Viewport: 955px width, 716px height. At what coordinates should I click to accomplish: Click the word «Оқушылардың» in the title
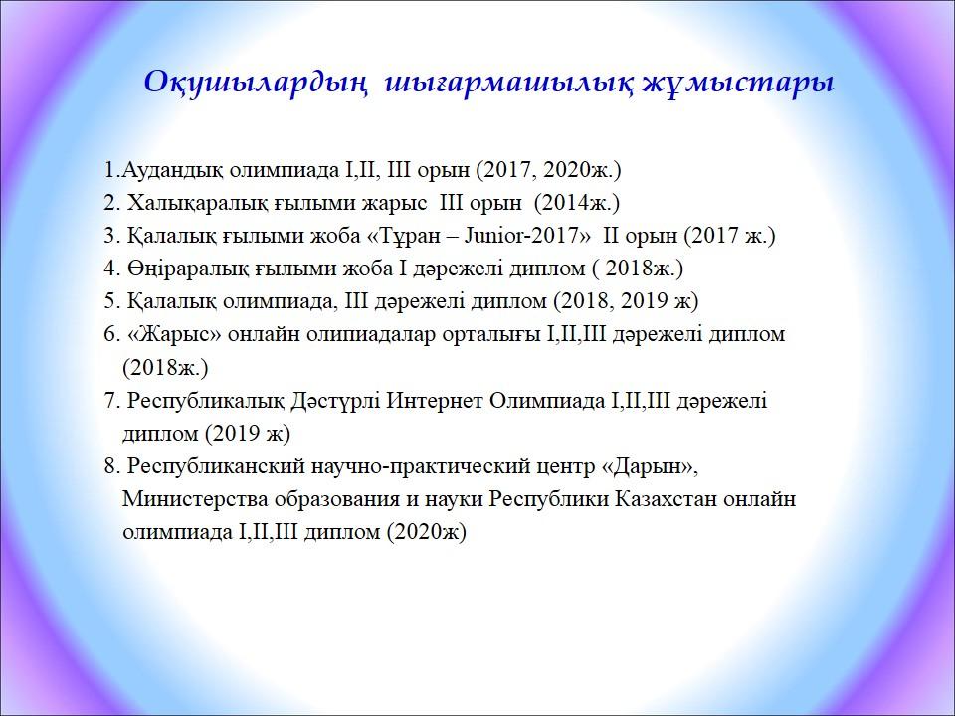(256, 83)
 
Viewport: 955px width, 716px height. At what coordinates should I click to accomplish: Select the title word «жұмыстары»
(738, 83)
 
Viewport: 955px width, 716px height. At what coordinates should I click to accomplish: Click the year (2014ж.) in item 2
(576, 203)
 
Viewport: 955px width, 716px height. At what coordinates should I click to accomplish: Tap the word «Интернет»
(436, 401)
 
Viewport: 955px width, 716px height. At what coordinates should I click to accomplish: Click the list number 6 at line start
(109, 334)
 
